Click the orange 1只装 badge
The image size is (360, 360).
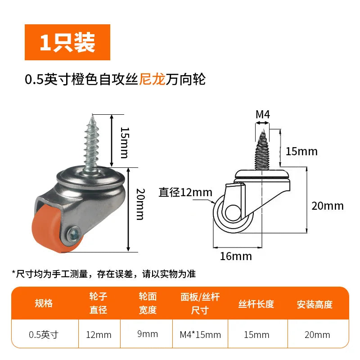67,42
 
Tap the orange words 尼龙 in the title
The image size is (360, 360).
152,80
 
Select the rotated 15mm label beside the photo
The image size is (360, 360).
125,143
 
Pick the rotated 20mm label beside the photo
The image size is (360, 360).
140,204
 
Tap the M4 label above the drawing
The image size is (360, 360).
263,114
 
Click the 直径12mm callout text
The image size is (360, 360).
185,193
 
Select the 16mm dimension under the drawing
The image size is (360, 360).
236,256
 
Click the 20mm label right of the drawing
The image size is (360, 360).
328,206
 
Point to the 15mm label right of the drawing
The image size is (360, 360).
301,152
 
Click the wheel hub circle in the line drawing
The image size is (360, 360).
233,212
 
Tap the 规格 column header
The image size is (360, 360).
44,303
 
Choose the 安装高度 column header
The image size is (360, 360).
315,305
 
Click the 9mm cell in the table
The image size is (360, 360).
148,334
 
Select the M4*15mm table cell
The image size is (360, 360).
200,335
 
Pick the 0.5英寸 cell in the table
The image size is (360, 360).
44,335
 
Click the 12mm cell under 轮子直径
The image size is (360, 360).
99,335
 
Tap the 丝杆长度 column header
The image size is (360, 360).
256,304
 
